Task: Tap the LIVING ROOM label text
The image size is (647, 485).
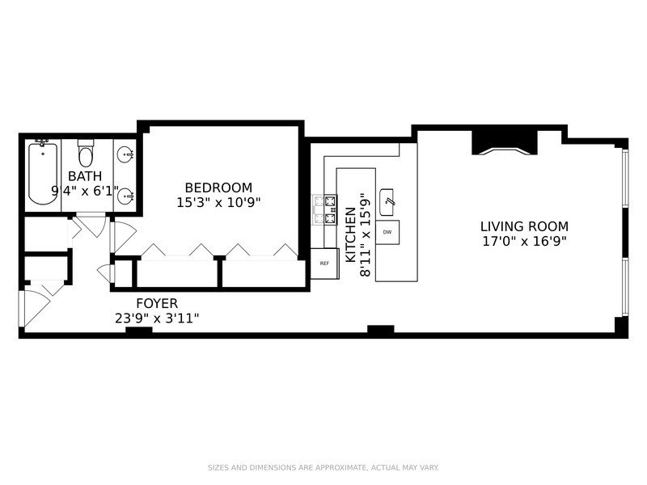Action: pyautogui.click(x=524, y=227)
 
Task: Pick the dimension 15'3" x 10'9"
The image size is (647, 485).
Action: pyautogui.click(x=219, y=202)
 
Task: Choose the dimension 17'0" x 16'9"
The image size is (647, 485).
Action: pyautogui.click(x=524, y=241)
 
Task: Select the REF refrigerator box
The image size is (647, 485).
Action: pyautogui.click(x=324, y=263)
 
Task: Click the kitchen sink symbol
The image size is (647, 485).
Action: pyautogui.click(x=389, y=198)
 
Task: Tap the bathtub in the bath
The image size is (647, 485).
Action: pyautogui.click(x=40, y=174)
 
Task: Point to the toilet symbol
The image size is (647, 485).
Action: pyautogui.click(x=85, y=154)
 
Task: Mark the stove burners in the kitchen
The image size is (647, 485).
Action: pyautogui.click(x=329, y=210)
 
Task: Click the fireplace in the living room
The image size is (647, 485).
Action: pyautogui.click(x=503, y=141)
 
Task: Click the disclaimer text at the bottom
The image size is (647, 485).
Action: pyautogui.click(x=323, y=467)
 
